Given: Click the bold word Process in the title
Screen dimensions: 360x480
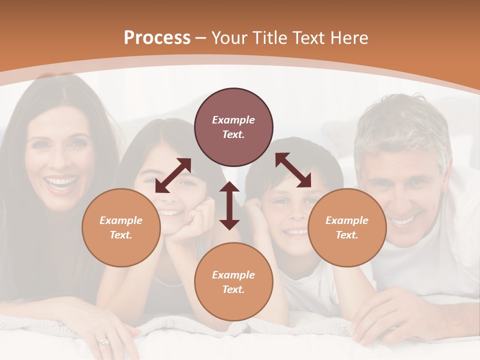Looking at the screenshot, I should (157, 38).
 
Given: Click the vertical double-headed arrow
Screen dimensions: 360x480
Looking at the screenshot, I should (229, 205).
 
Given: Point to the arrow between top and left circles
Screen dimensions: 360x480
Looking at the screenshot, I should (173, 175).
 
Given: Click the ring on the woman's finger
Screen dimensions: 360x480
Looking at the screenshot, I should (103, 342).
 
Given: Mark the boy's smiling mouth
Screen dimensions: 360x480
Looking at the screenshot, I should (295, 231).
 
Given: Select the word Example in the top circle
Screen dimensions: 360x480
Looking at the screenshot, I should (233, 120).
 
